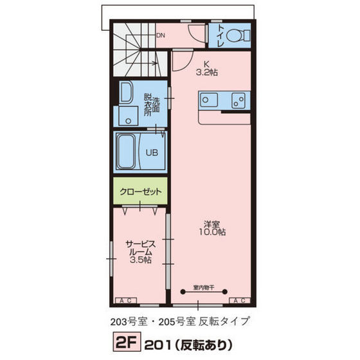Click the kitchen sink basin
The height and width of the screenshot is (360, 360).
pyautogui.click(x=210, y=100)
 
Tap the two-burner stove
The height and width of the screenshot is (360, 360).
pyautogui.click(x=237, y=100)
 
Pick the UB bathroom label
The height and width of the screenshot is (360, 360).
pyautogui.click(x=151, y=153)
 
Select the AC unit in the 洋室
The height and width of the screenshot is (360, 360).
pyautogui.click(x=239, y=300)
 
